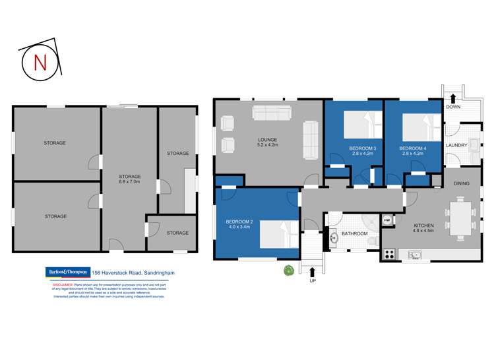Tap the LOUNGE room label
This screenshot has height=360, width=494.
pyautogui.click(x=267, y=140)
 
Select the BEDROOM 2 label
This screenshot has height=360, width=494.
pyautogui.click(x=239, y=222)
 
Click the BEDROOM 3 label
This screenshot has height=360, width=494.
pyautogui.click(x=362, y=148)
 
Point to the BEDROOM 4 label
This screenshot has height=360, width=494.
pyautogui.click(x=413, y=148)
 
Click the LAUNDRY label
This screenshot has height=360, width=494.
pyautogui.click(x=456, y=145)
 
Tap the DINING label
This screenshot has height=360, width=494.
pyautogui.click(x=462, y=183)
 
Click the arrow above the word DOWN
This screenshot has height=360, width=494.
pyautogui.click(x=454, y=97)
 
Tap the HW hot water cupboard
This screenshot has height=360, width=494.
pyautogui.click(x=387, y=221)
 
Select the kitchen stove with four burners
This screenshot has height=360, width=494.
pyautogui.click(x=389, y=254)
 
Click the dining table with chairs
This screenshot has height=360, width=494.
pyautogui.click(x=460, y=217)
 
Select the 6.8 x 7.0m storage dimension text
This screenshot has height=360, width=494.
pyautogui.click(x=129, y=181)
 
